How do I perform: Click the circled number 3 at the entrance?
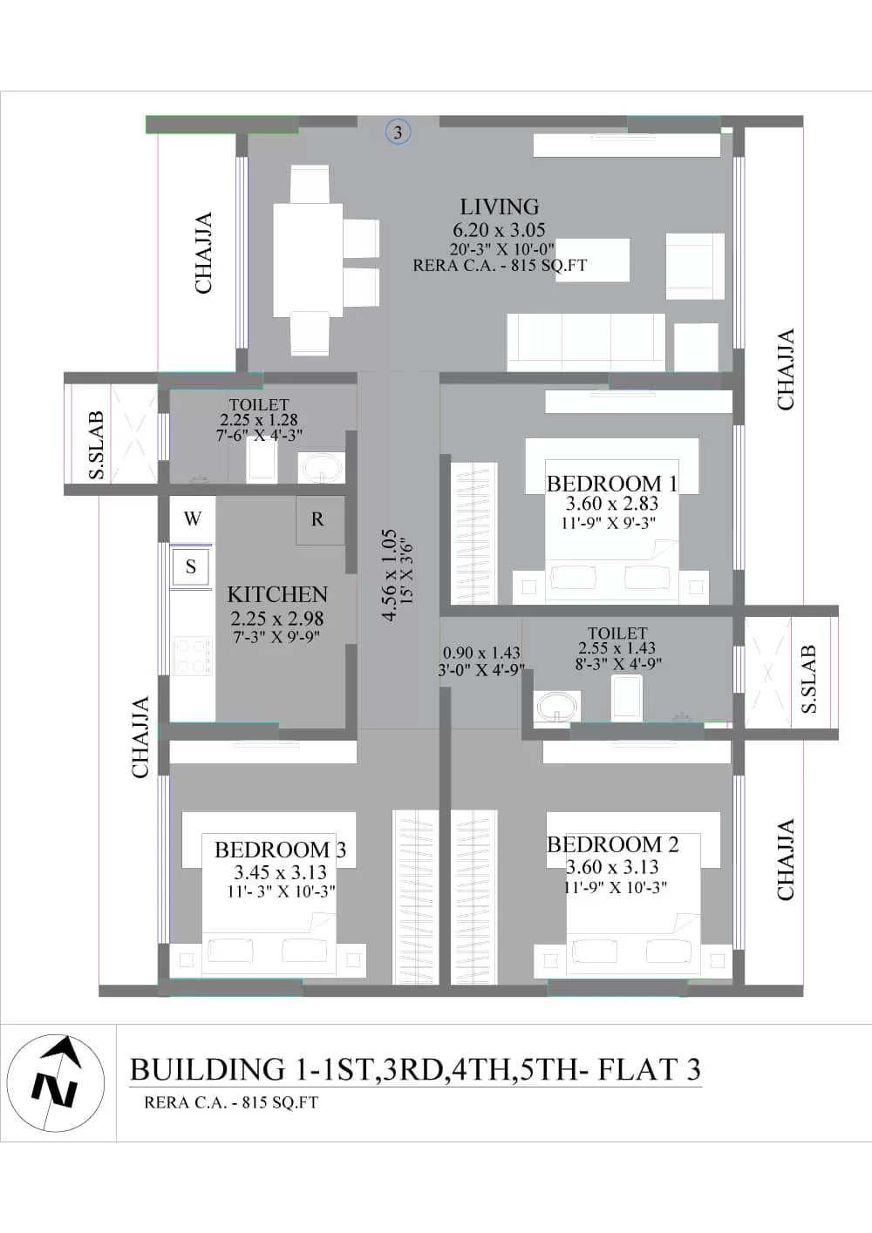397,132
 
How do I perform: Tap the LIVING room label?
500,207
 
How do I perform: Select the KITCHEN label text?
277,595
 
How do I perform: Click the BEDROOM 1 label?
611,484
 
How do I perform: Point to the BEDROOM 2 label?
612,844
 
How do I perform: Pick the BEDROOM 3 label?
281,850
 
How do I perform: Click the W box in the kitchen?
192,518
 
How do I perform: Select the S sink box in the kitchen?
191,566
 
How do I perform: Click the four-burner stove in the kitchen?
193,655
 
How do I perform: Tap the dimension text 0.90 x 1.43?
481,653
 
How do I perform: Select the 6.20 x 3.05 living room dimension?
499,229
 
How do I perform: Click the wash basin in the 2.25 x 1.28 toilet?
321,468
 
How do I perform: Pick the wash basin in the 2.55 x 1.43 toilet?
557,706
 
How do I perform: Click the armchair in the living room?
695,267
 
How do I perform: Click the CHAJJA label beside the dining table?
204,253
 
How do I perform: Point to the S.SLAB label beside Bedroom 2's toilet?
808,680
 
